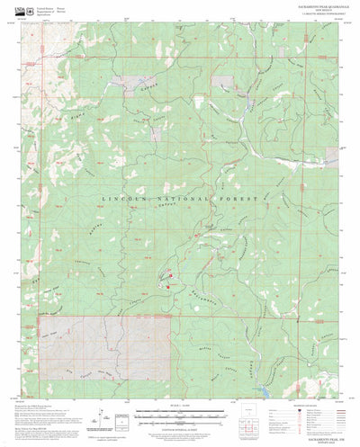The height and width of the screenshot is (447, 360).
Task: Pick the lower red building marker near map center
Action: [167, 286]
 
